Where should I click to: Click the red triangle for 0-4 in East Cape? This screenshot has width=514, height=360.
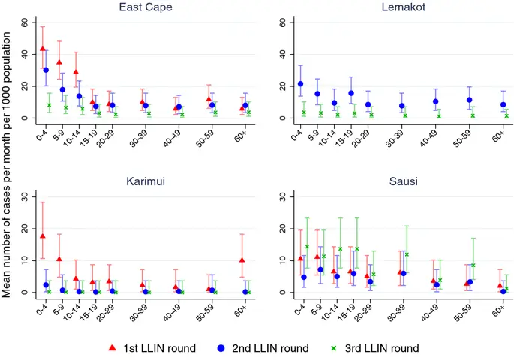(x=42, y=49)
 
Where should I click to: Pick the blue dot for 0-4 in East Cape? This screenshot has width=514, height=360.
(x=46, y=70)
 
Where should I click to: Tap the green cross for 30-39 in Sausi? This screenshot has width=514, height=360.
(x=407, y=254)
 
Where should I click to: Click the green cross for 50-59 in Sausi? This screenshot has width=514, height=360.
(x=473, y=265)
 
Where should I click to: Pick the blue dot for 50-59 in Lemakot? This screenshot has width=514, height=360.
(x=469, y=100)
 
